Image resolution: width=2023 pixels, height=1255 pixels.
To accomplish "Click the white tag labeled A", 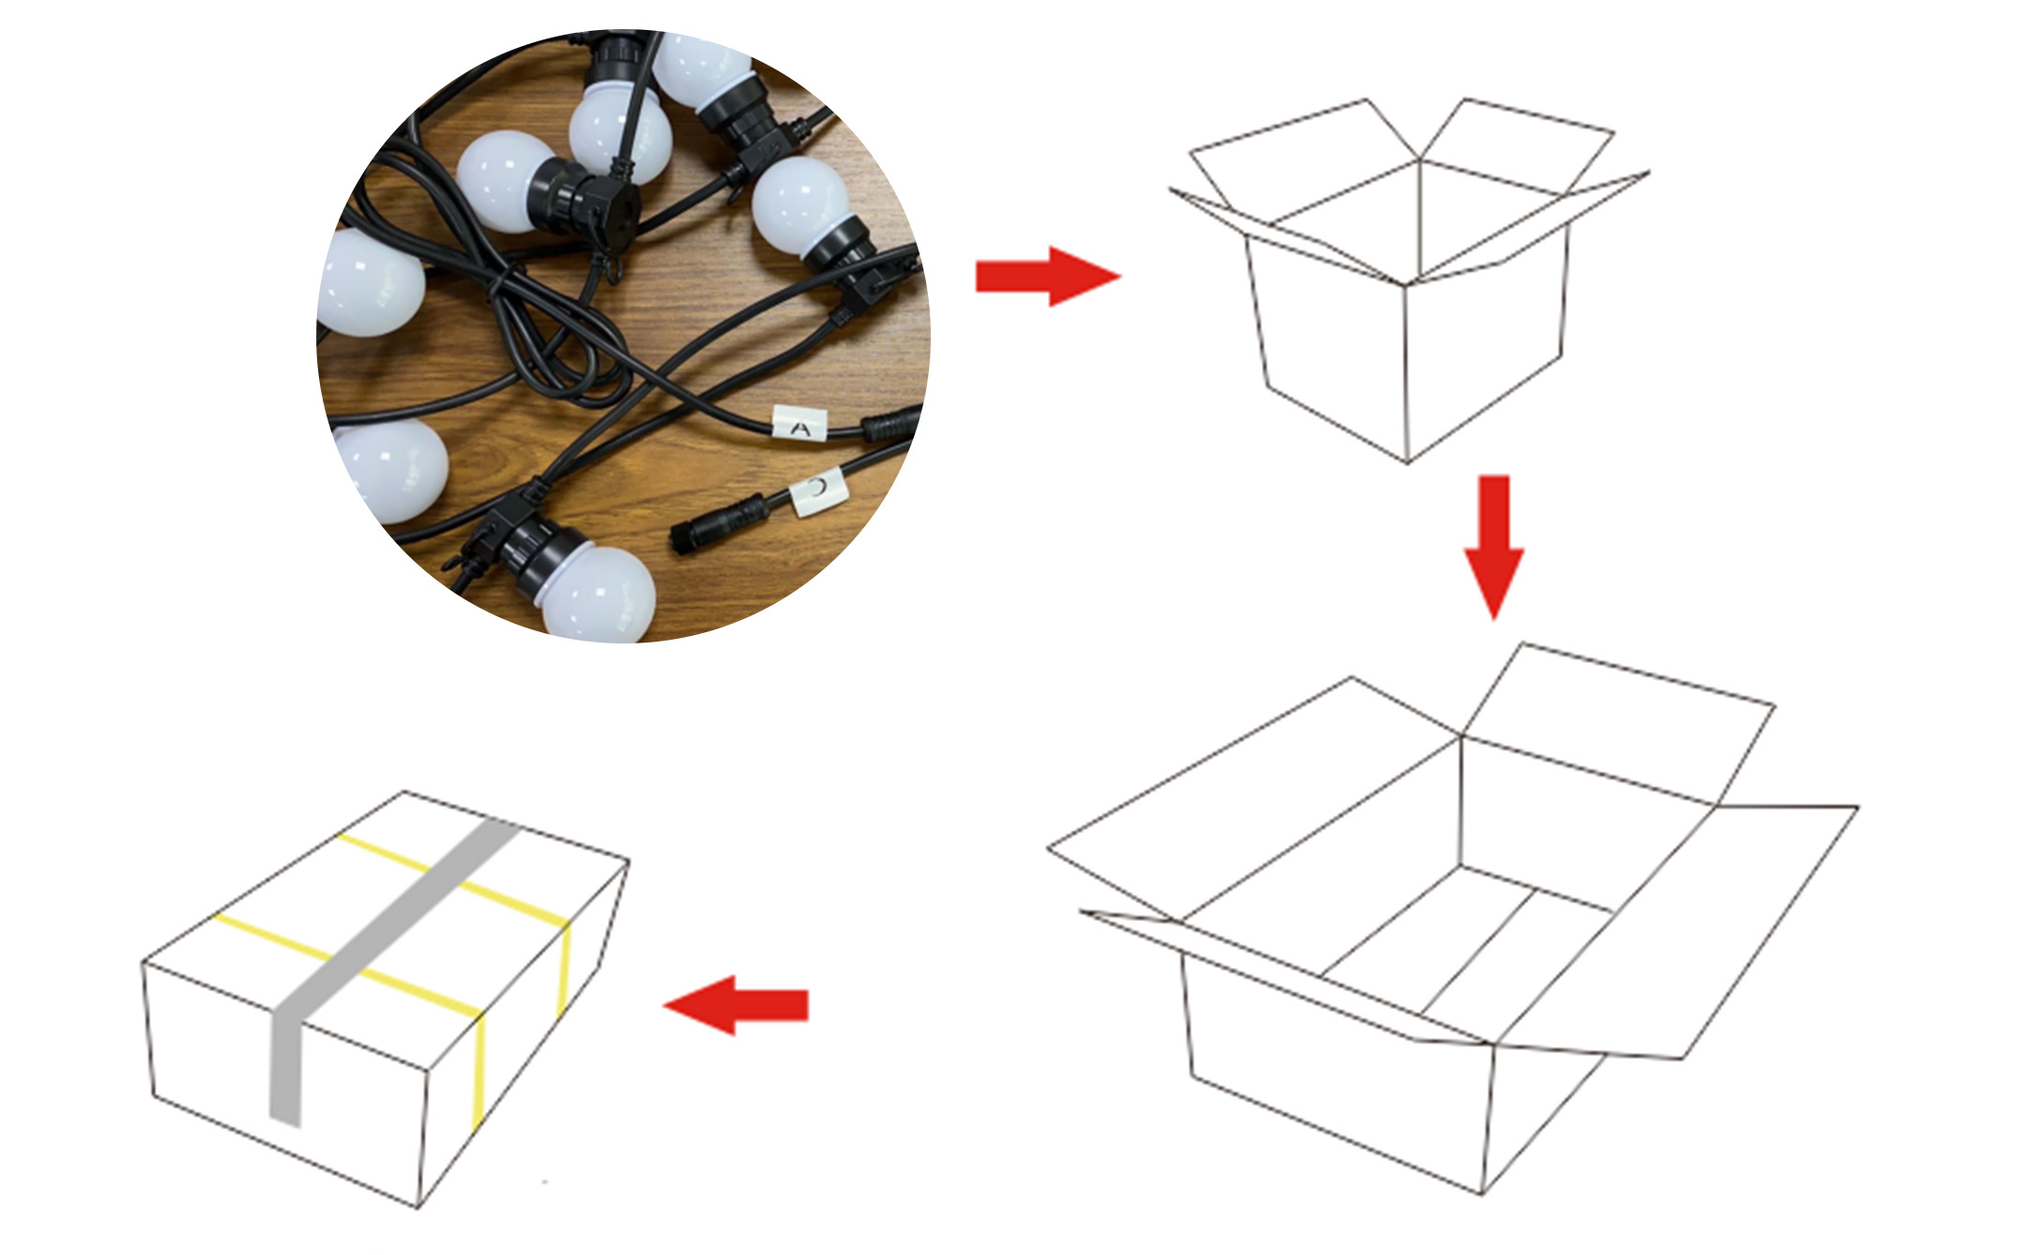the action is pyautogui.click(x=799, y=424).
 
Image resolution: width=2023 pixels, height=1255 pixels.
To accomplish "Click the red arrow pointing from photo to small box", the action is pyautogui.click(x=1048, y=277).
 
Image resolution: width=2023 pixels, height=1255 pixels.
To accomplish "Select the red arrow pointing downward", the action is pyautogui.click(x=1495, y=547).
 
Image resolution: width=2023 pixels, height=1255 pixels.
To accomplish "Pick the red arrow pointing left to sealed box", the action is pyautogui.click(x=736, y=1005).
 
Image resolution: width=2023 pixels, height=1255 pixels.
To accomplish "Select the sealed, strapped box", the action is pyautogui.click(x=385, y=999).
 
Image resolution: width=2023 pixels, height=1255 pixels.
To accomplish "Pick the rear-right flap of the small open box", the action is pyautogui.click(x=1516, y=144).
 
